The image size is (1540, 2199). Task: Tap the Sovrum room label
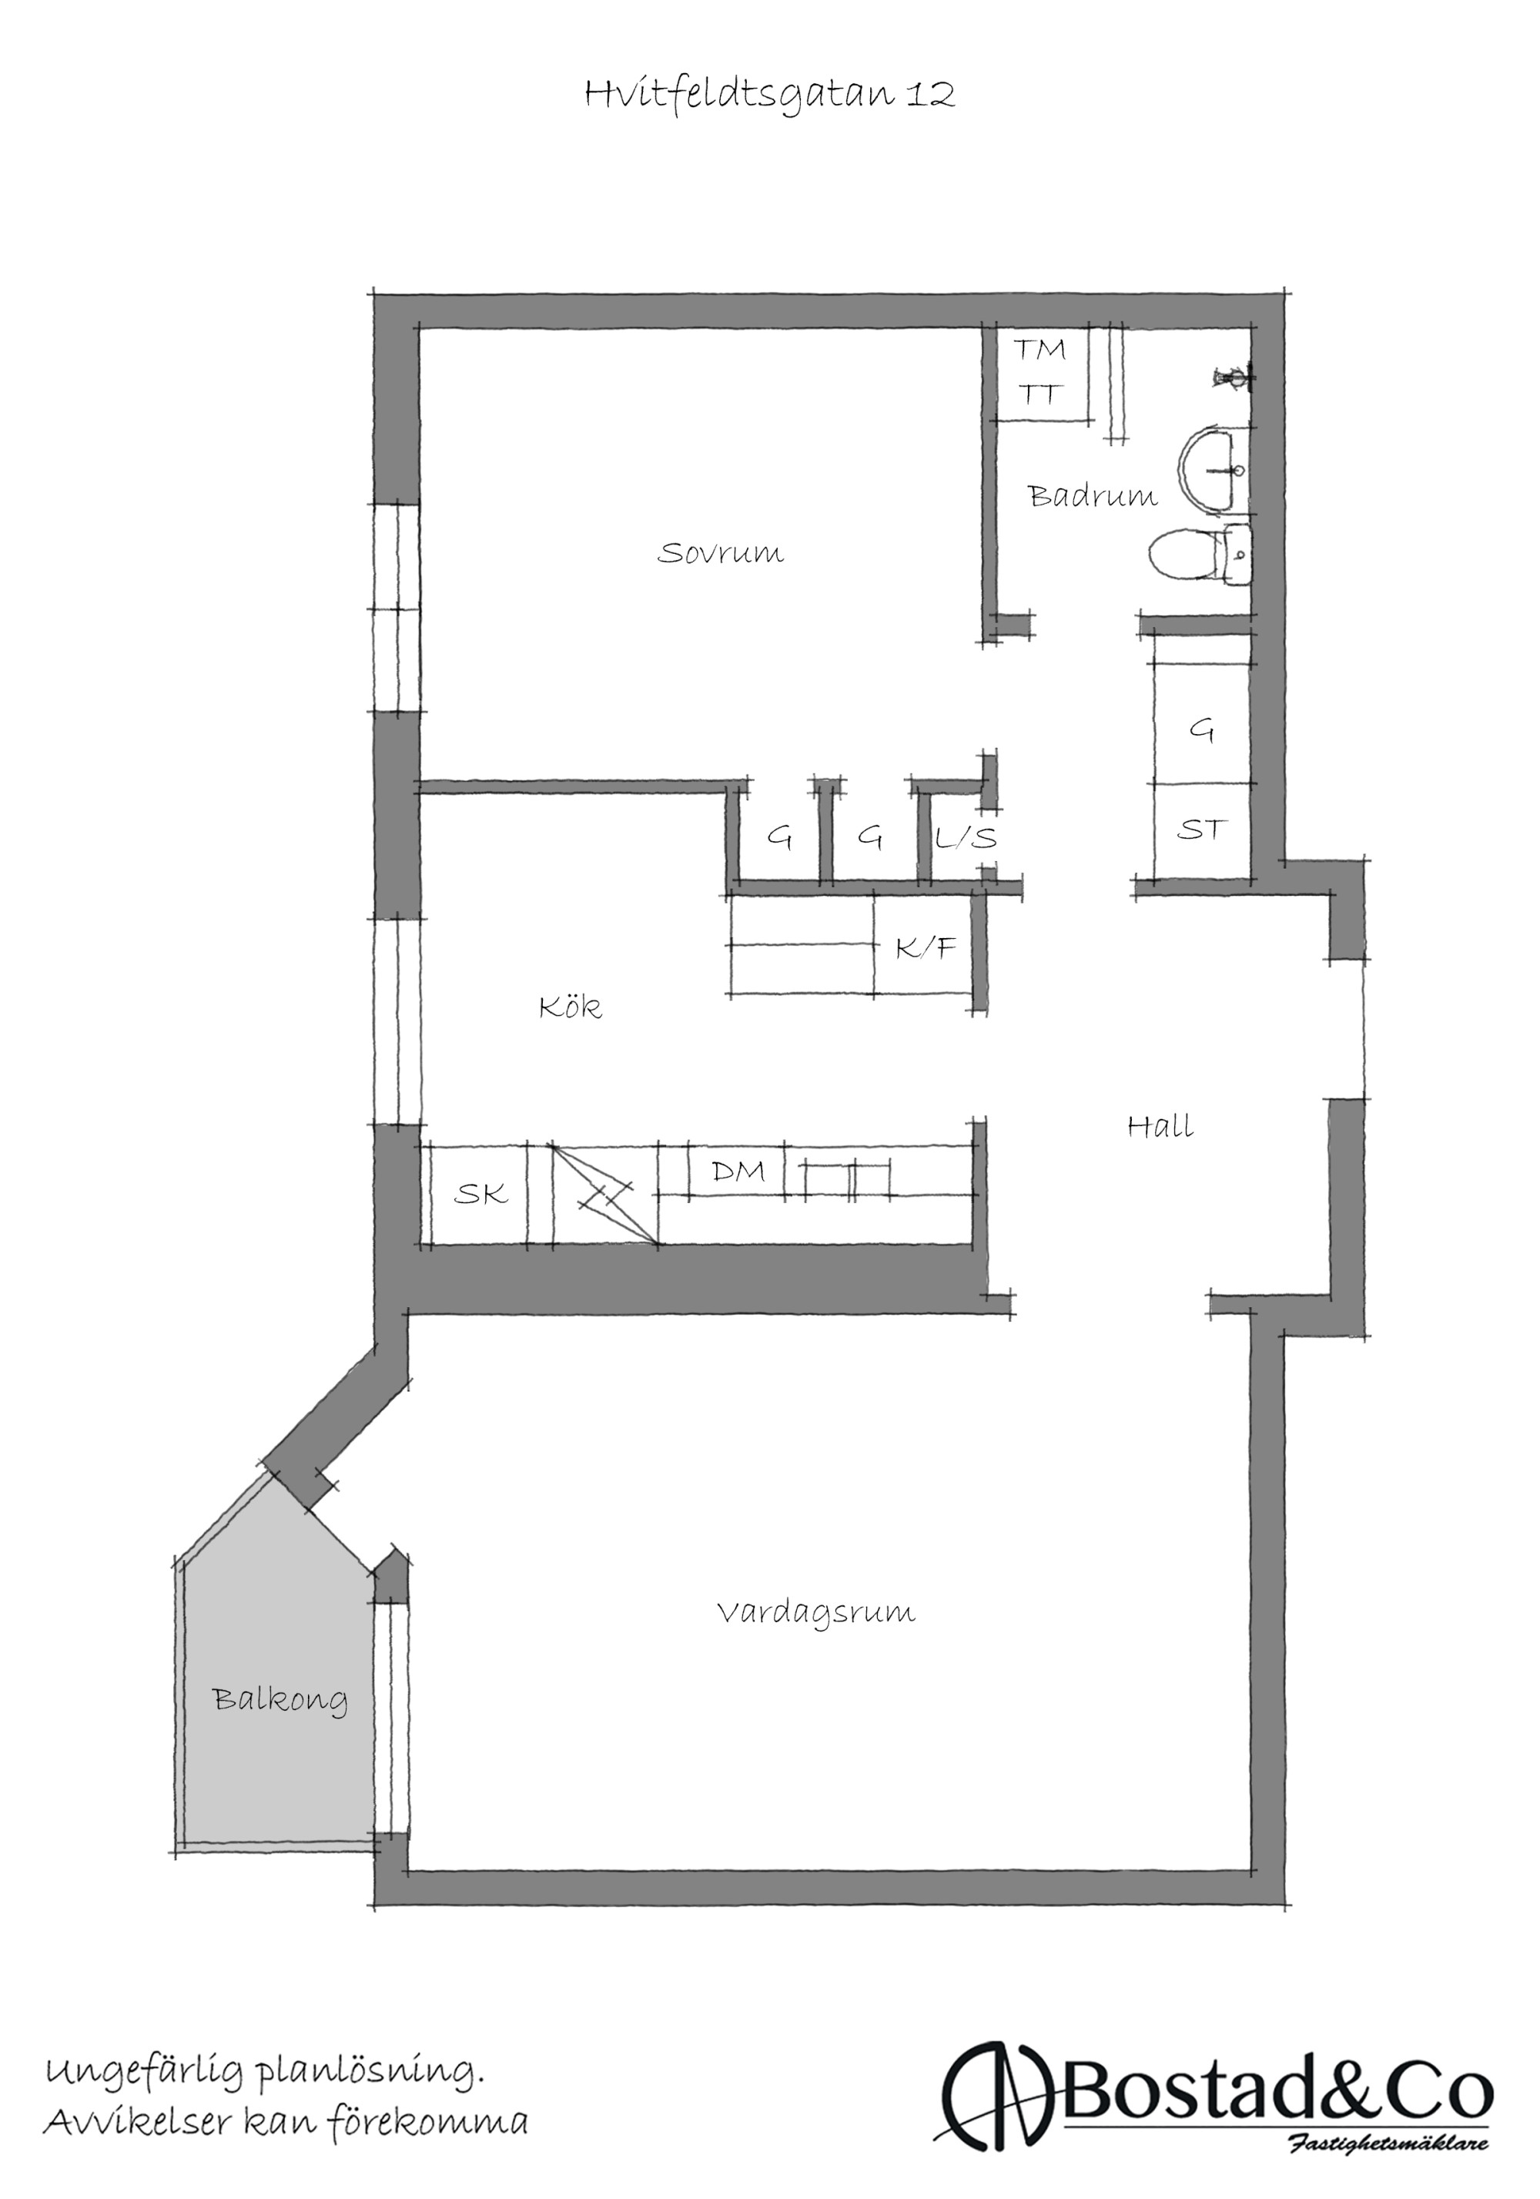pyautogui.click(x=720, y=552)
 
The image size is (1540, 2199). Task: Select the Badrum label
pyautogui.click(x=1092, y=495)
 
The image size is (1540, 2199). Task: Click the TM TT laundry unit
pyautogui.click(x=1040, y=373)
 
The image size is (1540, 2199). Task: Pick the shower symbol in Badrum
pyautogui.click(x=1233, y=378)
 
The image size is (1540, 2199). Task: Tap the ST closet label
pyautogui.click(x=1201, y=830)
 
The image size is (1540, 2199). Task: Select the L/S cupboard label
pyautogui.click(x=966, y=839)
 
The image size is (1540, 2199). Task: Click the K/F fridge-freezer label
pyautogui.click(x=925, y=948)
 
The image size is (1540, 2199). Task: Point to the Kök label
pyautogui.click(x=570, y=1007)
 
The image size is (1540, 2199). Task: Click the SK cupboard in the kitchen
pyautogui.click(x=480, y=1193)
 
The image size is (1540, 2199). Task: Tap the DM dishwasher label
pyautogui.click(x=738, y=1171)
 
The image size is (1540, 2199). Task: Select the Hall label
pyautogui.click(x=1160, y=1126)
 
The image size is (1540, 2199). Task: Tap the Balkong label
pyautogui.click(x=279, y=1700)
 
